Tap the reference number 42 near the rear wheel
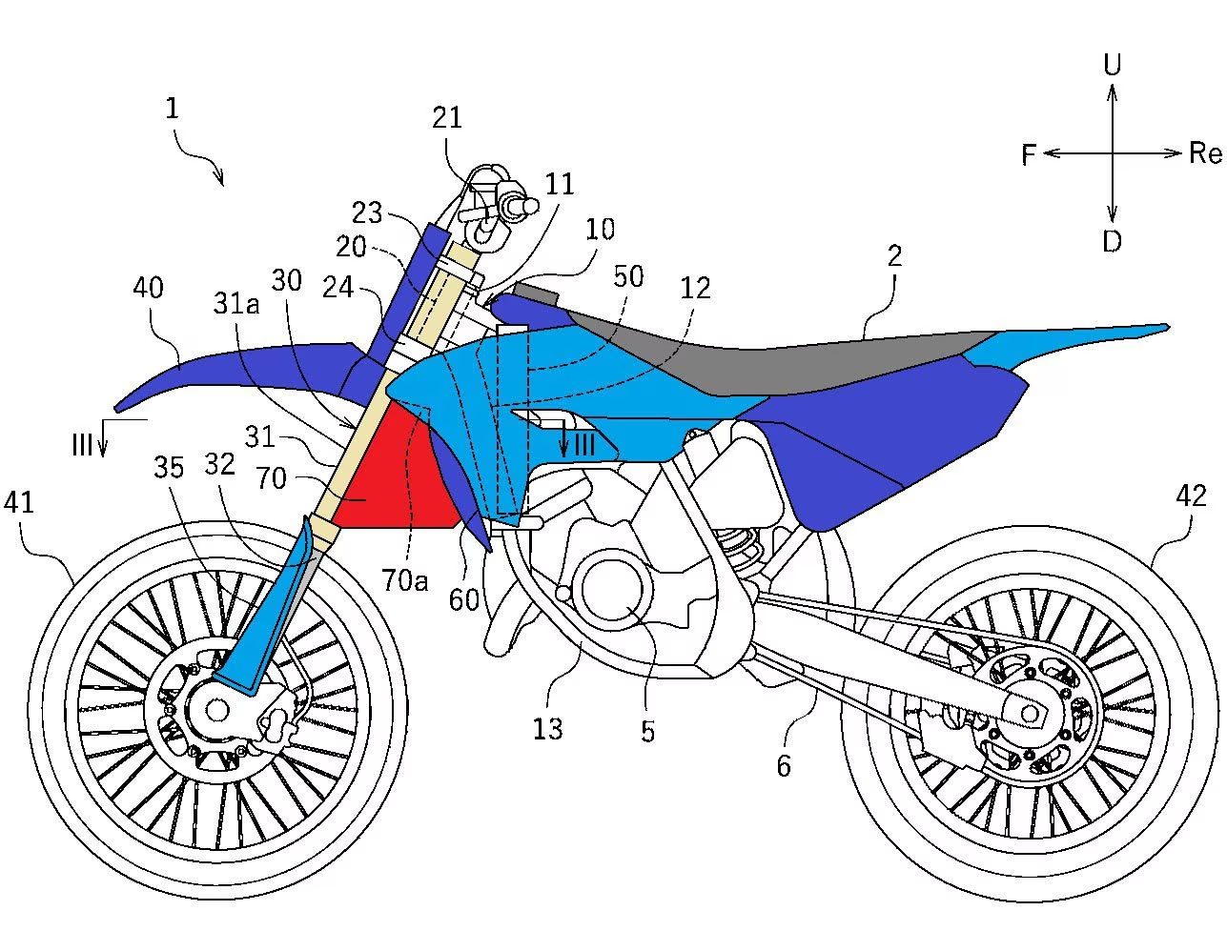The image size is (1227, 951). point(1191,496)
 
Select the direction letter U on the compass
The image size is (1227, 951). point(1112,65)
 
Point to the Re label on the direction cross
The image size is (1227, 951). point(1205,152)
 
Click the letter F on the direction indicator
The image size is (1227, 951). point(1029,154)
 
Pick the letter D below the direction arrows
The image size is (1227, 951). point(1112,242)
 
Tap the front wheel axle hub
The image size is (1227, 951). point(216,709)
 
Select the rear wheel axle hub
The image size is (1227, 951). point(1030,712)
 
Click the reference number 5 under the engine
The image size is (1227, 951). point(648,731)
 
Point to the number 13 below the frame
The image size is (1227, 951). point(547,729)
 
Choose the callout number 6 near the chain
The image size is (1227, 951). point(784,765)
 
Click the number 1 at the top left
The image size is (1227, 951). point(172,108)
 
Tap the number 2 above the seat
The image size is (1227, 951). point(894,255)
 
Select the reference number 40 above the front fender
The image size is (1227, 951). point(148,288)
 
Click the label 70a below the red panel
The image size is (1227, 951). point(406,578)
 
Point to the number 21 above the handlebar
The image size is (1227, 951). point(446,117)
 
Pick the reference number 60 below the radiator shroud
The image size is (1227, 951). point(464,599)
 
